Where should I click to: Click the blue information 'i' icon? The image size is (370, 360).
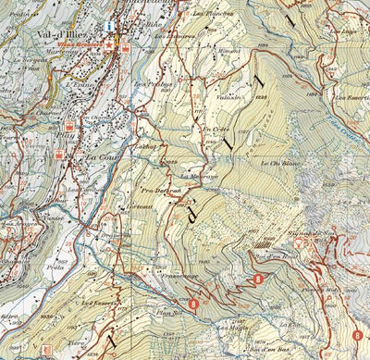pos(110,26)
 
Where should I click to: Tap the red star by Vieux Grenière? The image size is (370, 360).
pos(110,43)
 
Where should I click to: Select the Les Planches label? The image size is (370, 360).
pos(212,16)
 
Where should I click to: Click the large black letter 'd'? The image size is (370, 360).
pos(193,214)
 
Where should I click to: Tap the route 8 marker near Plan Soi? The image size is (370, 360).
pos(192,302)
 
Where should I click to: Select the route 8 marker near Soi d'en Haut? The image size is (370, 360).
pos(258,278)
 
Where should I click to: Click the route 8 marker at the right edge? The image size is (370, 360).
pos(357,334)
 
